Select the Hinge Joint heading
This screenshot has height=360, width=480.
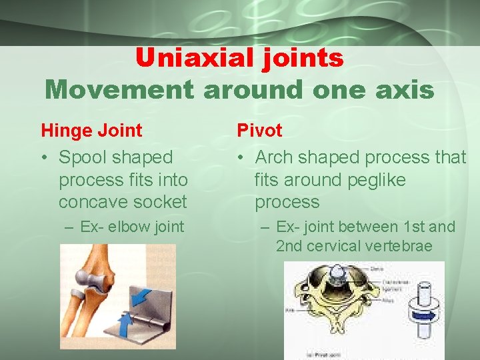click(91, 130)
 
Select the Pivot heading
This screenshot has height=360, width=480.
click(260, 130)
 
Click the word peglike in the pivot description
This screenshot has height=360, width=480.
click(373, 179)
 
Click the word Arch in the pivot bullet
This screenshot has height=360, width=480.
click(273, 157)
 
